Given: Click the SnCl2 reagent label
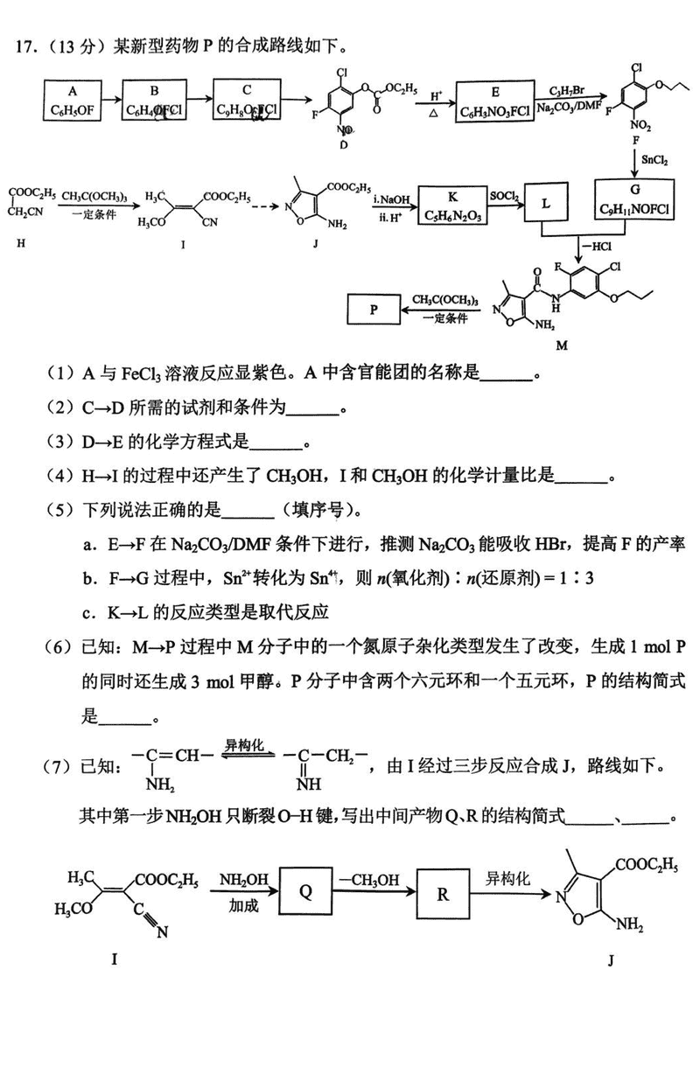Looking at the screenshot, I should tap(658, 161).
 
